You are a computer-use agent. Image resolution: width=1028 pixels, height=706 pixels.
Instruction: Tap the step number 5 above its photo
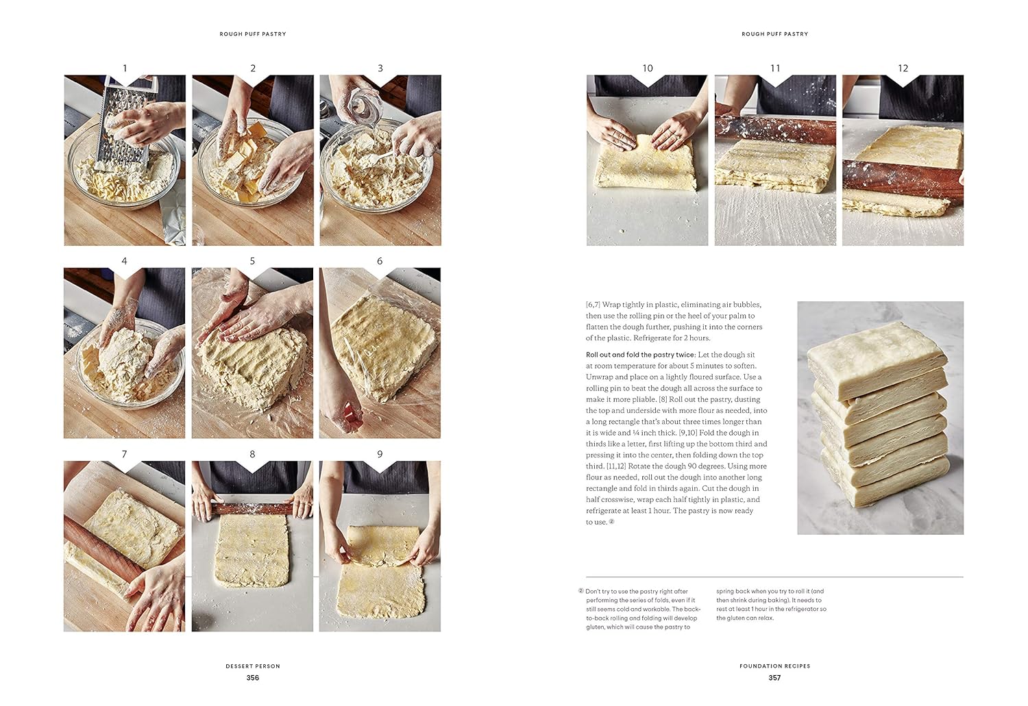click(x=252, y=261)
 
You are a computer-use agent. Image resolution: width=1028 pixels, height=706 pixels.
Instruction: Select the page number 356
click(x=253, y=678)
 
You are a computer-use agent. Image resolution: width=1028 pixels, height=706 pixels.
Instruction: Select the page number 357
click(x=774, y=678)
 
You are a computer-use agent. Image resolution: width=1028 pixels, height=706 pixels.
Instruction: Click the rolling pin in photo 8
click(x=252, y=509)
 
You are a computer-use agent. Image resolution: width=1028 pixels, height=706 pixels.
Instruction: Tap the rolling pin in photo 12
click(x=902, y=181)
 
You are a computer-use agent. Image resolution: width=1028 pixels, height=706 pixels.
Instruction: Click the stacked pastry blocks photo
click(x=880, y=418)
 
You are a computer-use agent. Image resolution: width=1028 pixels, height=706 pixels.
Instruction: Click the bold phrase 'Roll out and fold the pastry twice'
click(x=640, y=355)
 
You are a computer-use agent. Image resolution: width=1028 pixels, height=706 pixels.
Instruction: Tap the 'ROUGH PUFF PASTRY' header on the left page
click(x=253, y=34)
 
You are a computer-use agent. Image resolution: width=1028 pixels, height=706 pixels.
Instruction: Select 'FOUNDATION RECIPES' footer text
click(x=774, y=666)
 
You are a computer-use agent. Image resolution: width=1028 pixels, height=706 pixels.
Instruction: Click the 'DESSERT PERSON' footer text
click(x=253, y=666)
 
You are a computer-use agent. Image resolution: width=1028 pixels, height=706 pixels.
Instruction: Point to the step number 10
click(x=647, y=68)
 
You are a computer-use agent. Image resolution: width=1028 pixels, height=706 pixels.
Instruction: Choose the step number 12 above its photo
click(x=903, y=68)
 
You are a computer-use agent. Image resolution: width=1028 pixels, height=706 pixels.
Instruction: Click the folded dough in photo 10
click(x=646, y=164)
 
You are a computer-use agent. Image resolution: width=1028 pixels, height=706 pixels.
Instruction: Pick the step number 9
click(x=380, y=454)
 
